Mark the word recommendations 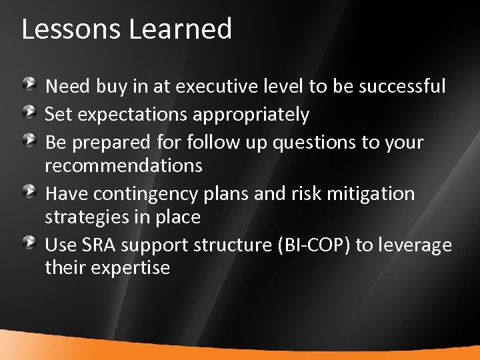click(x=125, y=165)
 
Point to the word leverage click(x=414, y=246)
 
